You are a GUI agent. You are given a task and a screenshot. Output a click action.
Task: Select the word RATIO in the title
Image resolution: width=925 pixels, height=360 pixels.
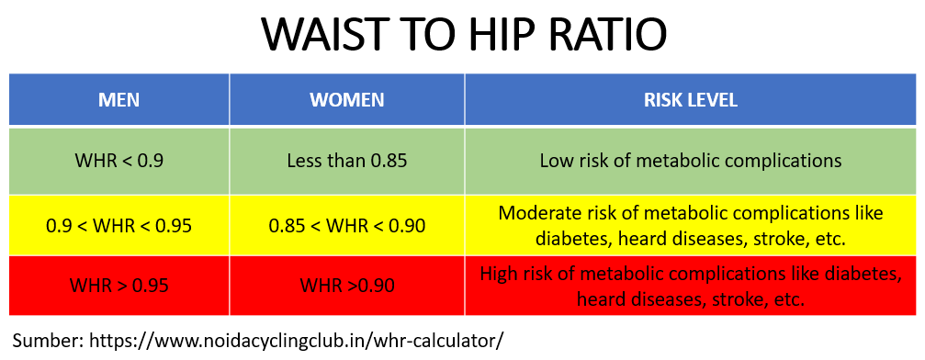pyautogui.click(x=615, y=35)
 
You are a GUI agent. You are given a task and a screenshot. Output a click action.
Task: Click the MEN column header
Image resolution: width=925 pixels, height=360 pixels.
pyautogui.click(x=119, y=100)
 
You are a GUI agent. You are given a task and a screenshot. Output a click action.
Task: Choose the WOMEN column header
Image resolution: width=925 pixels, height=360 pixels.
pyautogui.click(x=347, y=100)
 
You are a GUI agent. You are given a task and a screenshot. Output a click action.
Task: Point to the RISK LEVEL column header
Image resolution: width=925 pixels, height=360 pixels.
pyautogui.click(x=691, y=100)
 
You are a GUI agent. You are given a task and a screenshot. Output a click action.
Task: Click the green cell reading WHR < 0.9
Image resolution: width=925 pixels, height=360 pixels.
pyautogui.click(x=119, y=161)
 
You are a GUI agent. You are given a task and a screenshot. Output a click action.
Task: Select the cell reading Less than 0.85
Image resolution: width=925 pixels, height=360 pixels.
pyautogui.click(x=347, y=161)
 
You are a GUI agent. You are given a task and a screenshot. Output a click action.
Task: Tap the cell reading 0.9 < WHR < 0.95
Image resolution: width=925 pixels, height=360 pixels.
pyautogui.click(x=119, y=225)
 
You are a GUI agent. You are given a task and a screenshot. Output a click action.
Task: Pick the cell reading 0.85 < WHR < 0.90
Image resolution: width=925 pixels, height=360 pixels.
pyautogui.click(x=347, y=225)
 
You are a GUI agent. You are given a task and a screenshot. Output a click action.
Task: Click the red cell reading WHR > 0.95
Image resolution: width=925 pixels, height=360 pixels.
pyautogui.click(x=119, y=286)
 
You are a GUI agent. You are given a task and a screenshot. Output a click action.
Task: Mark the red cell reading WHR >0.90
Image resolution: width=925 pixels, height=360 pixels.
pyautogui.click(x=347, y=286)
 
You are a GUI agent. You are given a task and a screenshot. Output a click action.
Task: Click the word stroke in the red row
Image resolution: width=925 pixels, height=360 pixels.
pyautogui.click(x=734, y=299)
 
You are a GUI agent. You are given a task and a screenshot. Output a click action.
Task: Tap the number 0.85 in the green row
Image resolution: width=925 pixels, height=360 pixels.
pyautogui.click(x=389, y=161)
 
